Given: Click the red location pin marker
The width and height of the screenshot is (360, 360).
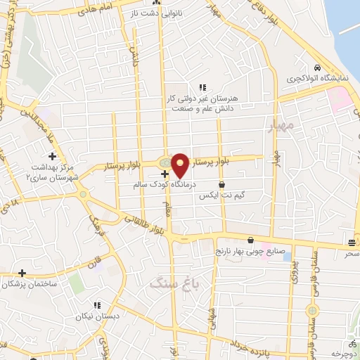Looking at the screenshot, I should (180, 165).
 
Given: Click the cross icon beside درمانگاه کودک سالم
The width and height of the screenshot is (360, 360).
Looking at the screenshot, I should (165, 173).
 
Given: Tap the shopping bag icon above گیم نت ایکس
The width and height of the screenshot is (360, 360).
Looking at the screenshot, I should (222, 185).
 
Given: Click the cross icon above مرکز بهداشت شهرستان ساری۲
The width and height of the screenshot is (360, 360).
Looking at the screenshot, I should (51, 155).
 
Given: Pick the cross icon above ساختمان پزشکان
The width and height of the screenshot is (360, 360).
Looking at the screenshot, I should (22, 273).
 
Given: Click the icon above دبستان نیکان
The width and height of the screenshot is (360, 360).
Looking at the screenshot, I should (97, 305).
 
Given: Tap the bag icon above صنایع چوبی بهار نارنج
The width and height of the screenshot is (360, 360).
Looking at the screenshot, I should (250, 240).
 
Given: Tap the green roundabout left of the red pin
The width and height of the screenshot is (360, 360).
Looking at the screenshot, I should (164, 162).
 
